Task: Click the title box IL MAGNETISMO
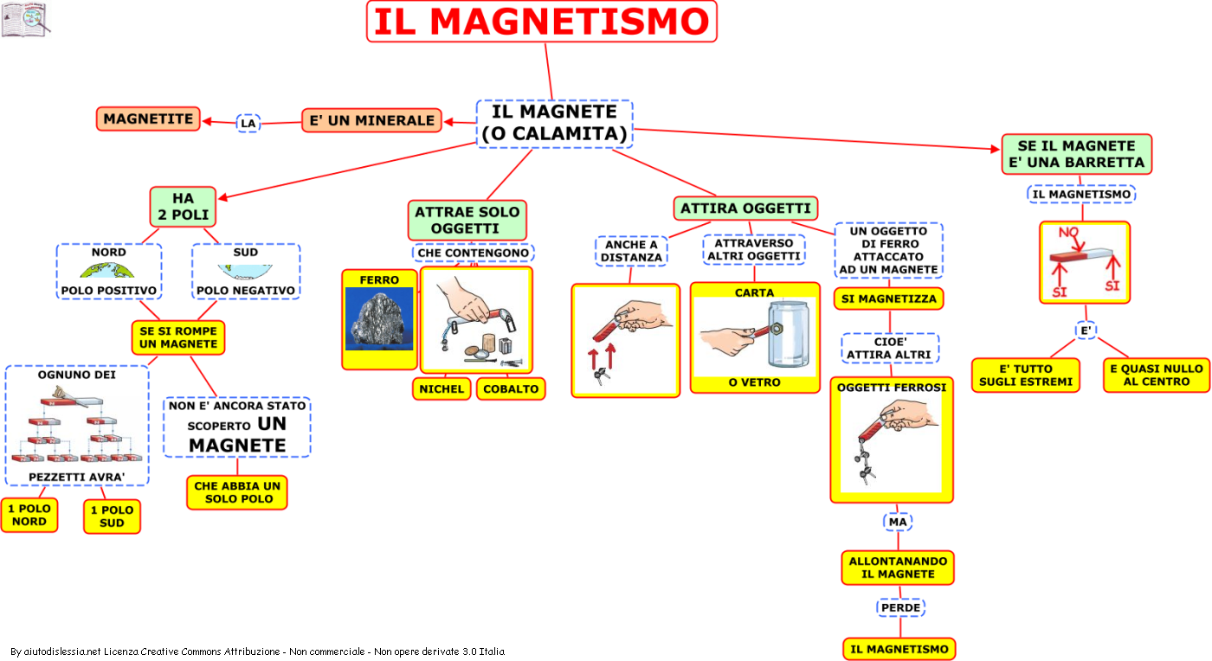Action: pyautogui.click(x=542, y=22)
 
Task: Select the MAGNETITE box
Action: pyautogui.click(x=148, y=119)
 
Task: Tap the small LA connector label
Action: pyautogui.click(x=248, y=124)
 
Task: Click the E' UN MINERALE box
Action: pyautogui.click(x=371, y=120)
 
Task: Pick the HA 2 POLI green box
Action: pyautogui.click(x=183, y=207)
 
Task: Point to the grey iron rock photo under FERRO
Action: pyautogui.click(x=379, y=318)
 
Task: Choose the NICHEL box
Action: pyautogui.click(x=442, y=389)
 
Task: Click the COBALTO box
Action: pyautogui.click(x=511, y=389)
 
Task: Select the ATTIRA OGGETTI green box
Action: pyautogui.click(x=745, y=209)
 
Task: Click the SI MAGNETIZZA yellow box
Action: pyautogui.click(x=888, y=298)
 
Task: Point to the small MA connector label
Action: pyautogui.click(x=898, y=522)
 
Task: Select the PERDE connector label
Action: pyautogui.click(x=900, y=607)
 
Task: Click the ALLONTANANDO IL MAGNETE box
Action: pyautogui.click(x=898, y=568)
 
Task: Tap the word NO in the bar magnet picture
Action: pyautogui.click(x=1069, y=232)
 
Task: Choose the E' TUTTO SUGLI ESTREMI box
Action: pyautogui.click(x=1026, y=375)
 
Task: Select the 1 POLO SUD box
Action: pyautogui.click(x=112, y=517)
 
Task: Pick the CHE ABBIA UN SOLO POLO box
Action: pyautogui.click(x=237, y=492)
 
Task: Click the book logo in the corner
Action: pyautogui.click(x=25, y=20)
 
